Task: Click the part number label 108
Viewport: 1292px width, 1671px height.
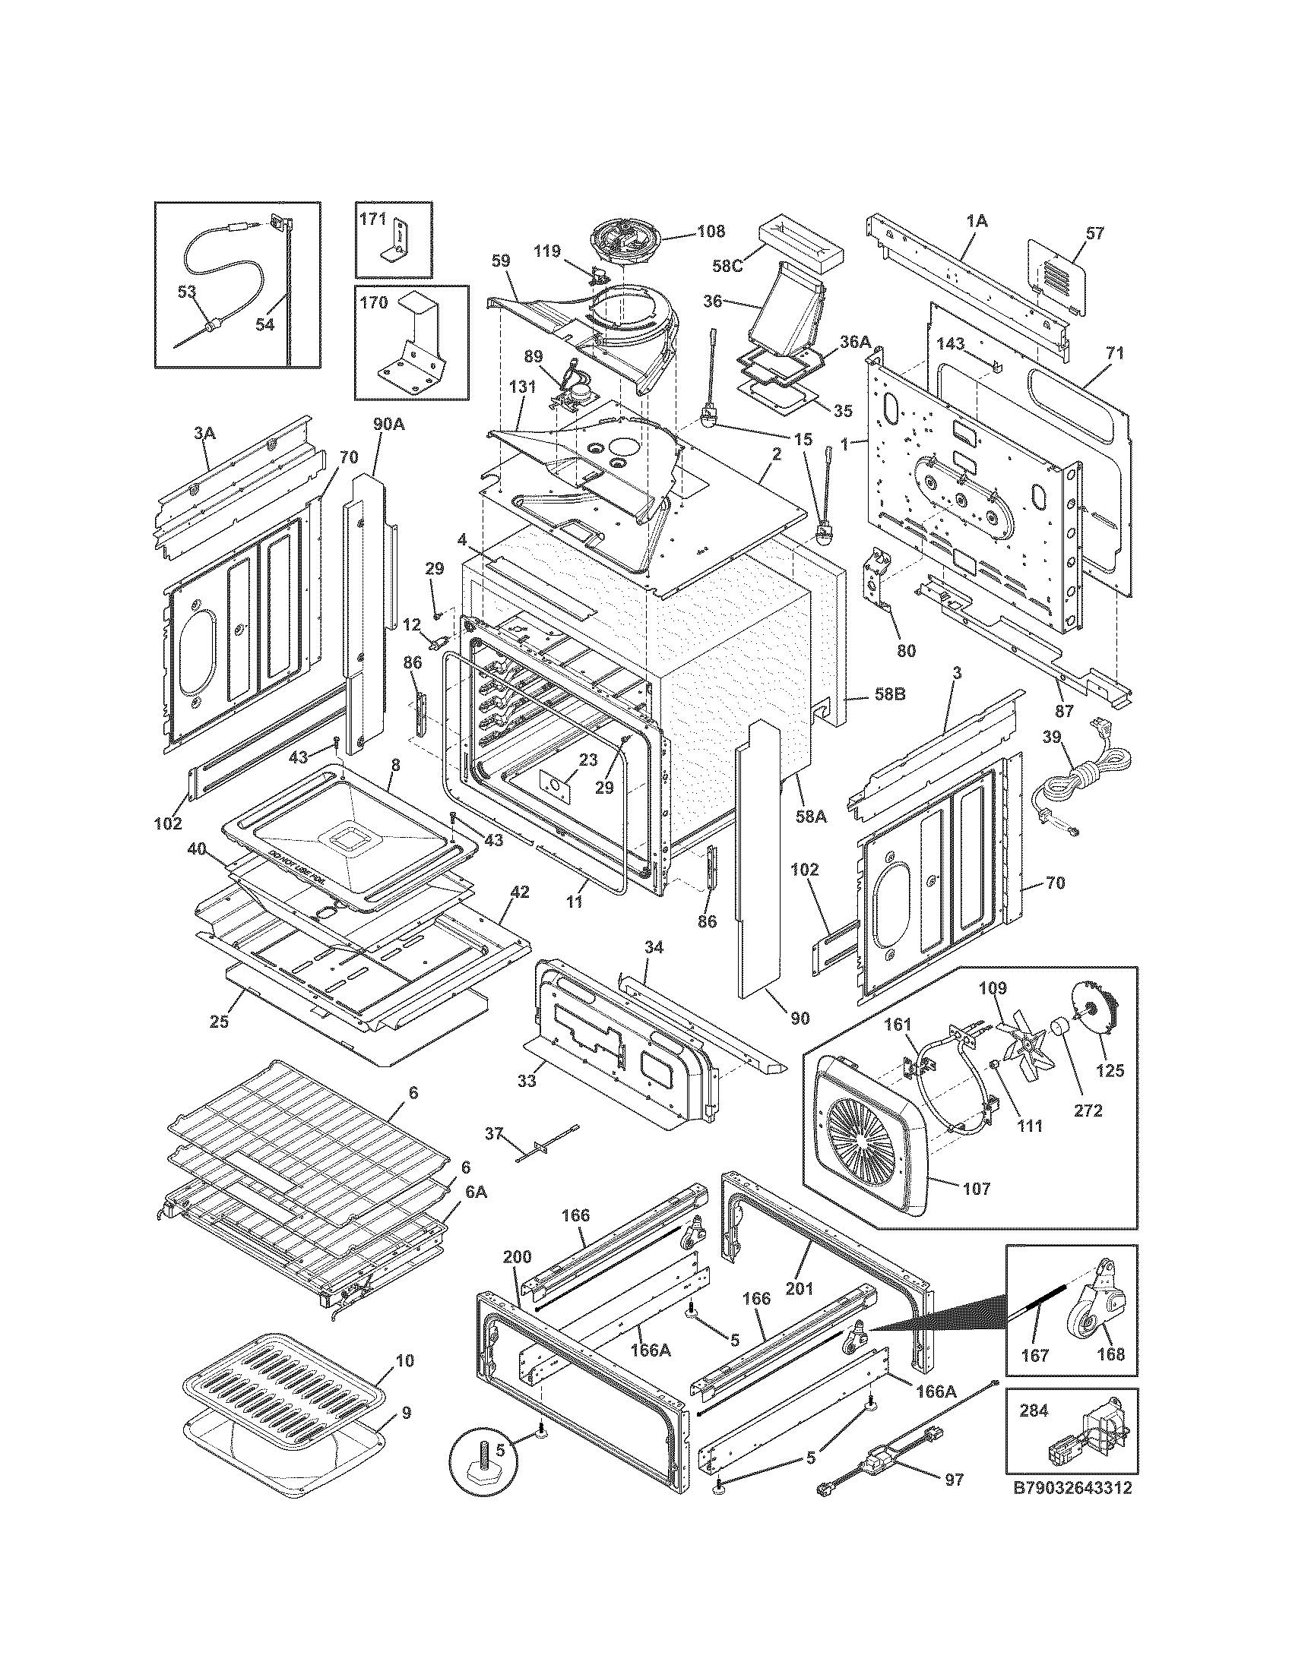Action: tap(711, 230)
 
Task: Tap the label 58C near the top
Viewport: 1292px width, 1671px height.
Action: tap(728, 267)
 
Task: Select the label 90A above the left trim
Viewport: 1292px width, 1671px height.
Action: tap(389, 422)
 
